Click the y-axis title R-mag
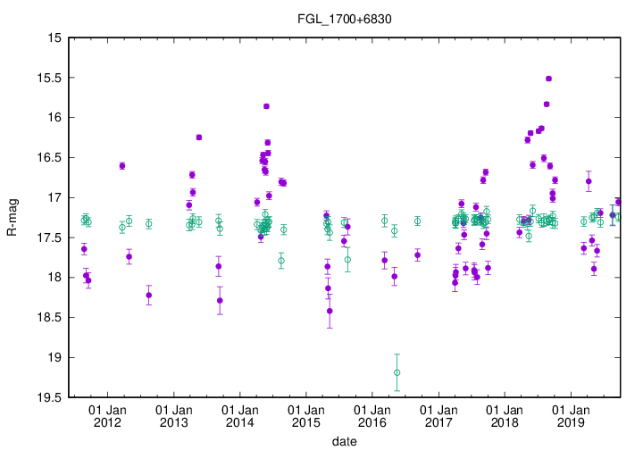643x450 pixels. (12, 219)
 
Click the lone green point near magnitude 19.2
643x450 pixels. (397, 372)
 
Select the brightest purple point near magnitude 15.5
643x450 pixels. (548, 79)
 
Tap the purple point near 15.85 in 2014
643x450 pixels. (266, 106)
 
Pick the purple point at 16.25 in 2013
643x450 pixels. (198, 137)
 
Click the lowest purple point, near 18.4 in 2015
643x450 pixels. (330, 311)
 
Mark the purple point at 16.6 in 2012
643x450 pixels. (121, 166)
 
